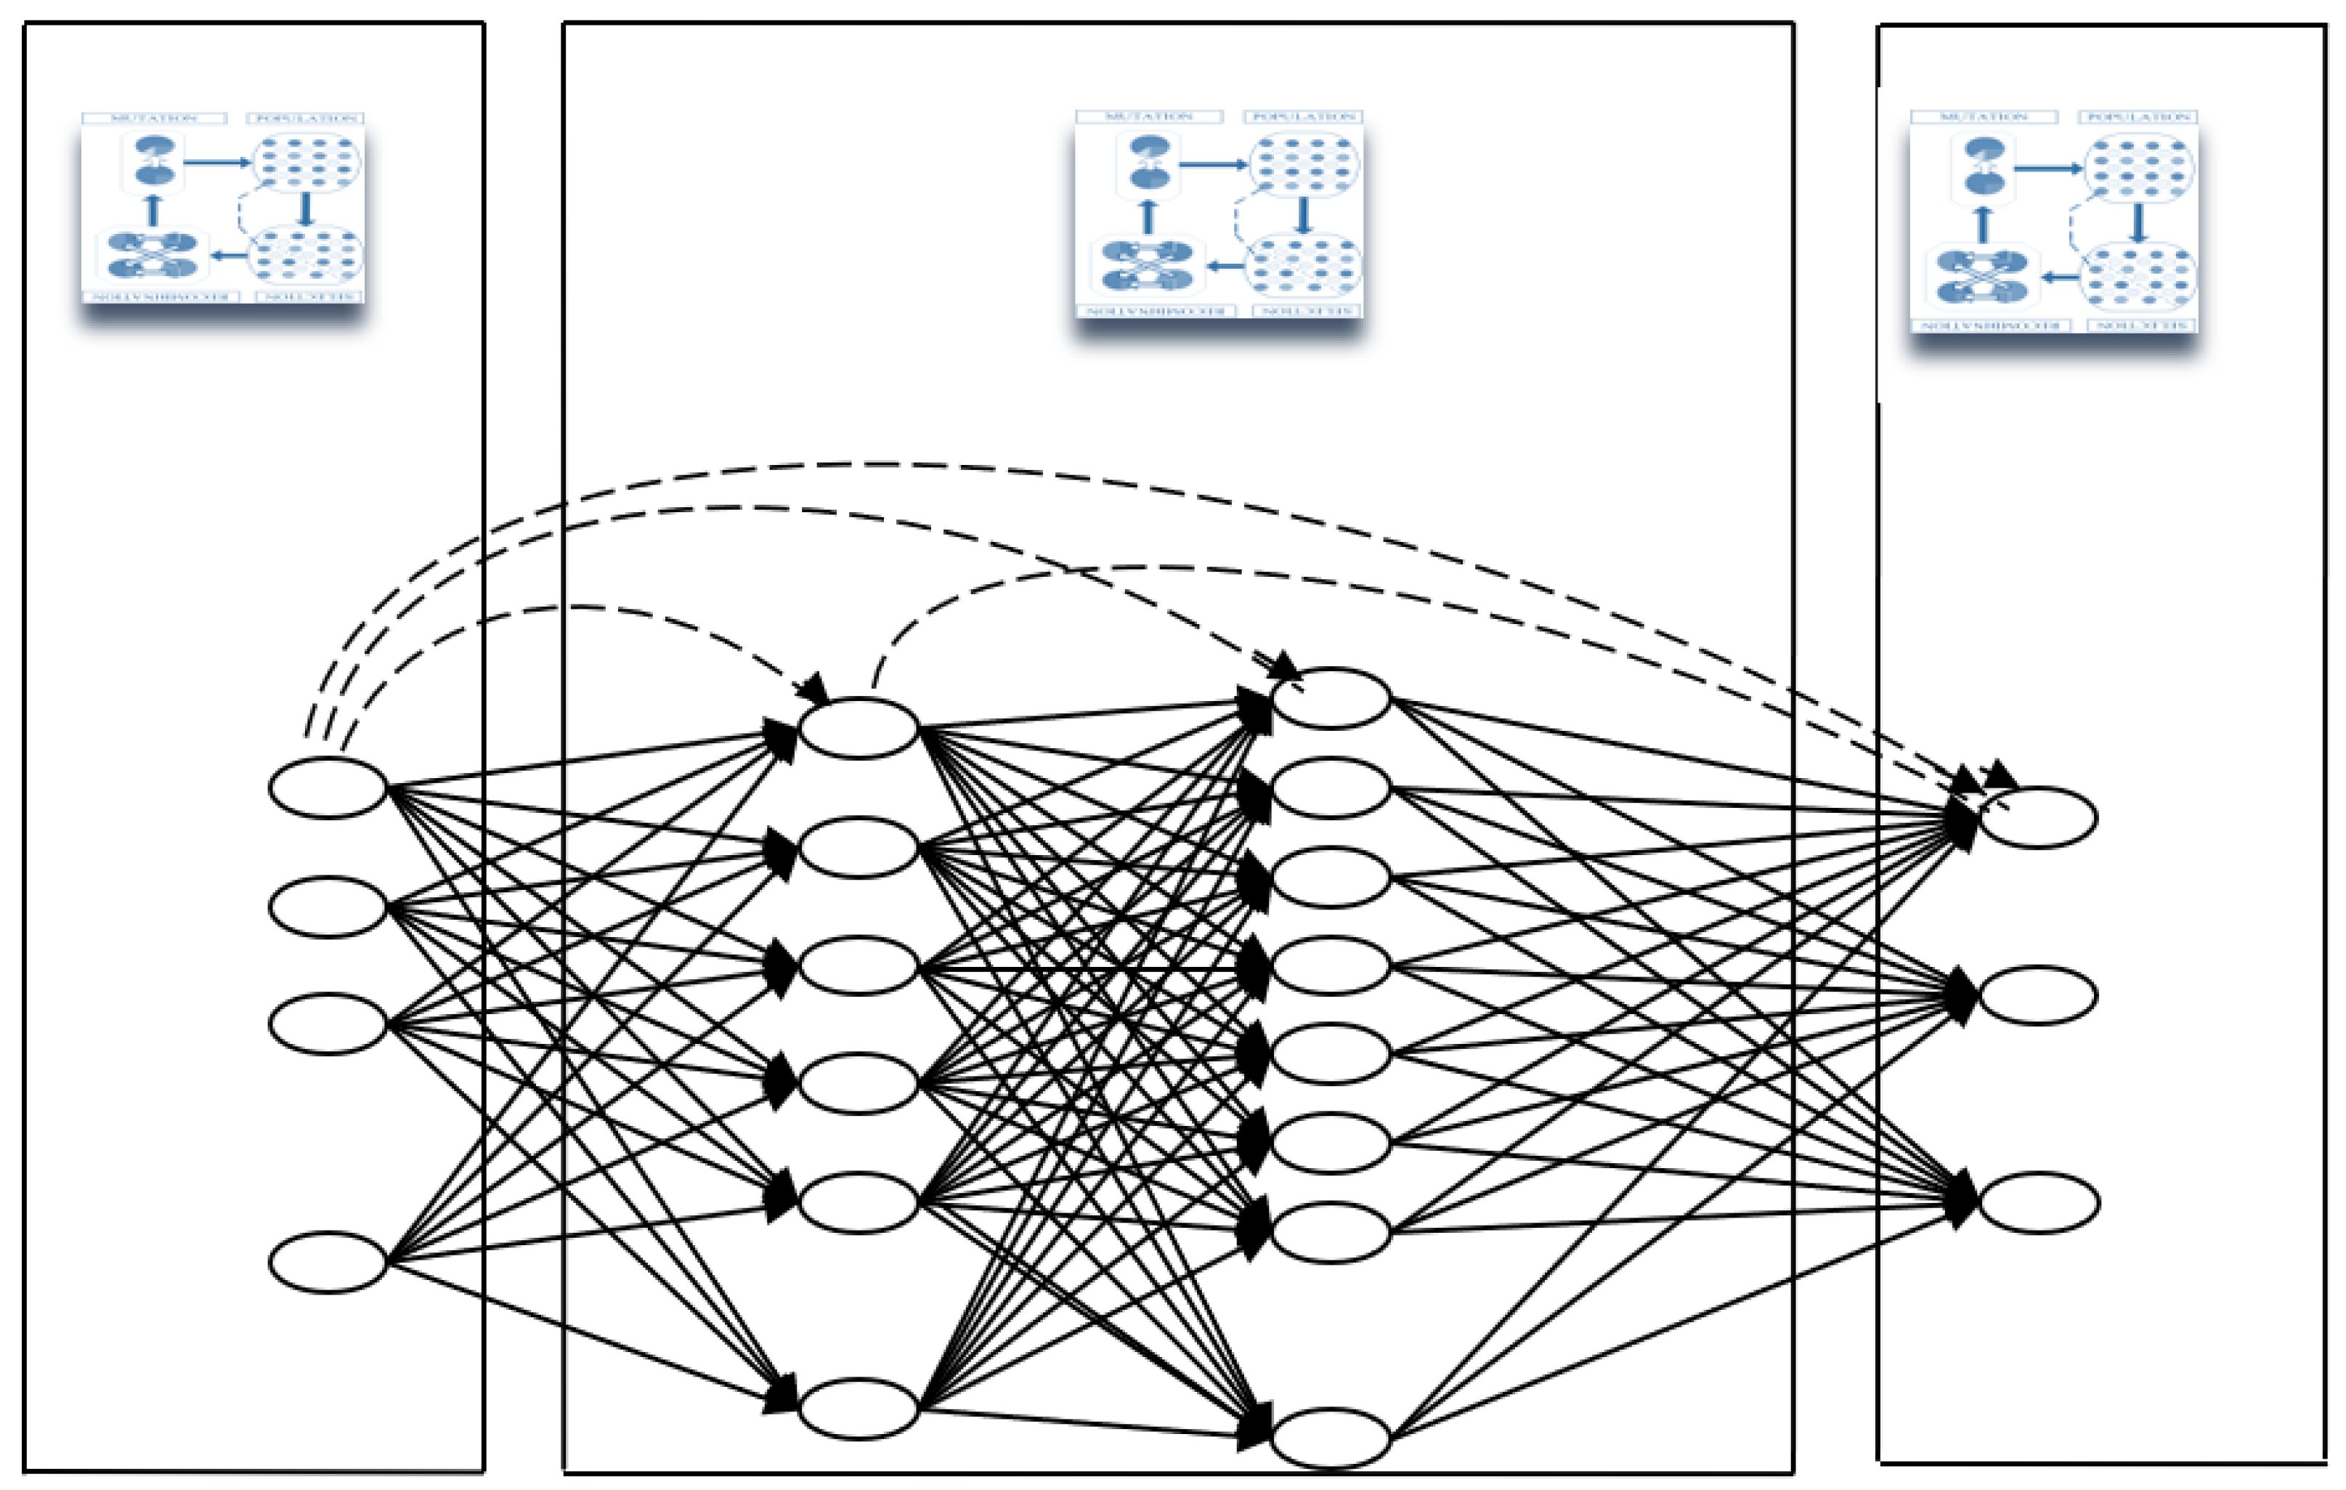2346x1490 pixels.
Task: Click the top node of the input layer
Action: click(328, 787)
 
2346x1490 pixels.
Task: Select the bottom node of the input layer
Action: click(328, 1262)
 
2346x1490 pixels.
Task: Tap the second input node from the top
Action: click(328, 907)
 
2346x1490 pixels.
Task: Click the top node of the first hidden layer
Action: click(859, 727)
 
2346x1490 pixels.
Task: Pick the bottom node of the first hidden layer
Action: click(859, 1407)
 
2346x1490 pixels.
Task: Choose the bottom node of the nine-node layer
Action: click(1331, 1438)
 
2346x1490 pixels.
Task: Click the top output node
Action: click(2038, 817)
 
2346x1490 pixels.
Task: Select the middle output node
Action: click(2038, 995)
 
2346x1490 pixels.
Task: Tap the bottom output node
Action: click(2038, 1202)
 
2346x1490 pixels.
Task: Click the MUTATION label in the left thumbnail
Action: click(154, 118)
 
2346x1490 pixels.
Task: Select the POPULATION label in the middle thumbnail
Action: click(1302, 116)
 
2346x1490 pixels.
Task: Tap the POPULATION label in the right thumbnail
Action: click(2138, 117)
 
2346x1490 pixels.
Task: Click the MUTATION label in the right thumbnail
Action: click(1983, 117)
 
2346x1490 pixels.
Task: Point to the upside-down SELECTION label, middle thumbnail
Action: click(1302, 311)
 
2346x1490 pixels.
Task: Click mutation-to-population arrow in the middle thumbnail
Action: click(1213, 165)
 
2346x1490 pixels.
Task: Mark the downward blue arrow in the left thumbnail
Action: click(306, 208)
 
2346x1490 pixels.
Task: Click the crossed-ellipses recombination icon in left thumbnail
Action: click(153, 254)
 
